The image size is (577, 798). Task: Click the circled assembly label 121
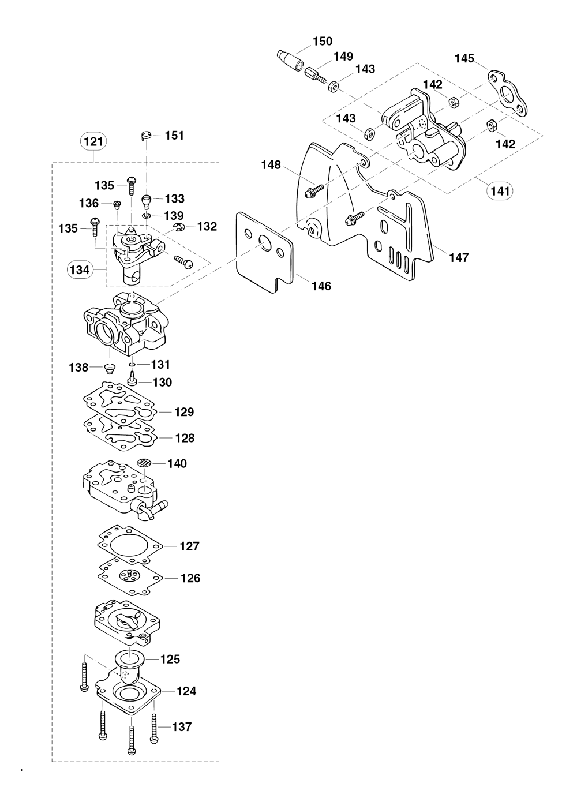coord(93,141)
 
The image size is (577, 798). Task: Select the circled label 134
coord(80,269)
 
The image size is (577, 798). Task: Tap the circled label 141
coord(500,190)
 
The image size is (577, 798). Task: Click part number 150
coord(323,41)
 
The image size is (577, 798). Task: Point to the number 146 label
coord(321,286)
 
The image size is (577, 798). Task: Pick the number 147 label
coord(459,257)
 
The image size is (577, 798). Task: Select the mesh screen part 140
coord(145,463)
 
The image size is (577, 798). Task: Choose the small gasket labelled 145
coord(507,95)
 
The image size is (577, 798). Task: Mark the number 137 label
coord(182,726)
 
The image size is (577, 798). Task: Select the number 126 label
coord(190,578)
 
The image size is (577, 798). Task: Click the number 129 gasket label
coord(184,412)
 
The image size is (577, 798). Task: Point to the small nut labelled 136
coord(117,204)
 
